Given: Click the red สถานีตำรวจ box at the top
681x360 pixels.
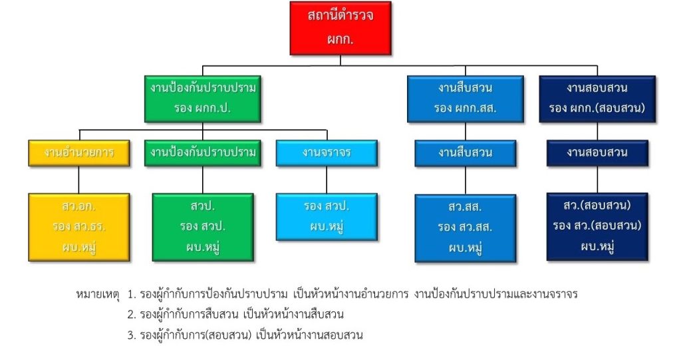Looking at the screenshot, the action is pos(340,28).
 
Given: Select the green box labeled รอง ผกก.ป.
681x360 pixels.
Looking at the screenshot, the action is pos(202,98).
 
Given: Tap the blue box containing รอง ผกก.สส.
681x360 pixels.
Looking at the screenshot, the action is pos(465,98).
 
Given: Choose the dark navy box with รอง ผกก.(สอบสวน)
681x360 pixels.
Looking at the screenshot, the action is pos(597,98).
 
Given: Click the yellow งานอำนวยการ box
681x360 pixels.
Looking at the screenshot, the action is pos(78,153).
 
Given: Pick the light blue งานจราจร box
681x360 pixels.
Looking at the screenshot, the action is pos(327,153).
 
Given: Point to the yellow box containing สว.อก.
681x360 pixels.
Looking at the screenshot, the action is pos(78,228).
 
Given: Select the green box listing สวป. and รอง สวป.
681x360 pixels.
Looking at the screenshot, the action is pos(203,228).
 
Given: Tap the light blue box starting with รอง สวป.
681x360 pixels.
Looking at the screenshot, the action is pos(327,217).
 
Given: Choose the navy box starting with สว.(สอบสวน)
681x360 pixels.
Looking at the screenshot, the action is pos(597,227).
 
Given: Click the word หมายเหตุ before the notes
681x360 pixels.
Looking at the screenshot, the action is pos(98,294).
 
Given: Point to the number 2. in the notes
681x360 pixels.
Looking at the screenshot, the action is pos(132,314).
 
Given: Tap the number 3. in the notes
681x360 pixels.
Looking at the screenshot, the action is pos(132,335).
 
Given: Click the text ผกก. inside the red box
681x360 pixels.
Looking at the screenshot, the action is pos(340,39).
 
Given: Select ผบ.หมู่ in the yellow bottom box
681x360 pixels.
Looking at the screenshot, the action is pos(78,248).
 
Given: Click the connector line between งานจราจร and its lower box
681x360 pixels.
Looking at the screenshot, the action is pos(327,180).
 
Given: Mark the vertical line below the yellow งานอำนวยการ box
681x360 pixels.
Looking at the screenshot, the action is pos(78,180).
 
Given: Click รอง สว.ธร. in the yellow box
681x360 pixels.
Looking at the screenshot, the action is pos(78,226).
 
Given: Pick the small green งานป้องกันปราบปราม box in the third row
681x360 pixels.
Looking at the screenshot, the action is pos(202,153).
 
